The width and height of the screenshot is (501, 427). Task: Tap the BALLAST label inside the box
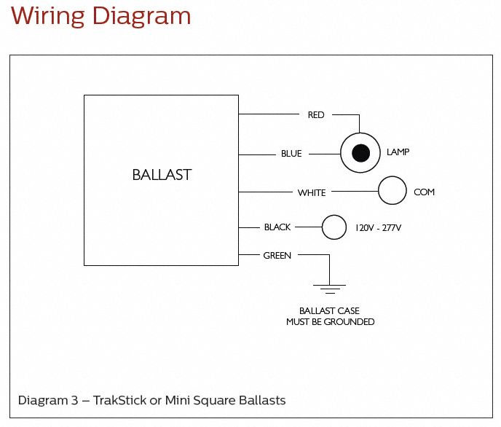162,175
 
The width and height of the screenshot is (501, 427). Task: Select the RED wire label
316,115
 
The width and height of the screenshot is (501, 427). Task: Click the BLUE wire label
291,154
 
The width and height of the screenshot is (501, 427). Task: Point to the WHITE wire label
312,192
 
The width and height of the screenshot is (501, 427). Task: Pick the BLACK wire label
277,227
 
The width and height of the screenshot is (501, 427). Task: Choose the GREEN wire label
277,256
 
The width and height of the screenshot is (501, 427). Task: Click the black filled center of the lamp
360,153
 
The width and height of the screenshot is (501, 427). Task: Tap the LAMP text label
398,152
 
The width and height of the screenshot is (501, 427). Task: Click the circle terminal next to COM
392,191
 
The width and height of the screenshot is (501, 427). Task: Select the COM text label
424,192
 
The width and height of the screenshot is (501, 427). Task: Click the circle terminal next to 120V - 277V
334,227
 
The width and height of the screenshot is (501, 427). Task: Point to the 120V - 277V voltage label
378,228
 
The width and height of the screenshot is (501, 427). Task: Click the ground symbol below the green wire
330,288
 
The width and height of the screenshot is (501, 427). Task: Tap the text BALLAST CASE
330,311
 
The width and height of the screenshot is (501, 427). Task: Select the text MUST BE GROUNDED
330,321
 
